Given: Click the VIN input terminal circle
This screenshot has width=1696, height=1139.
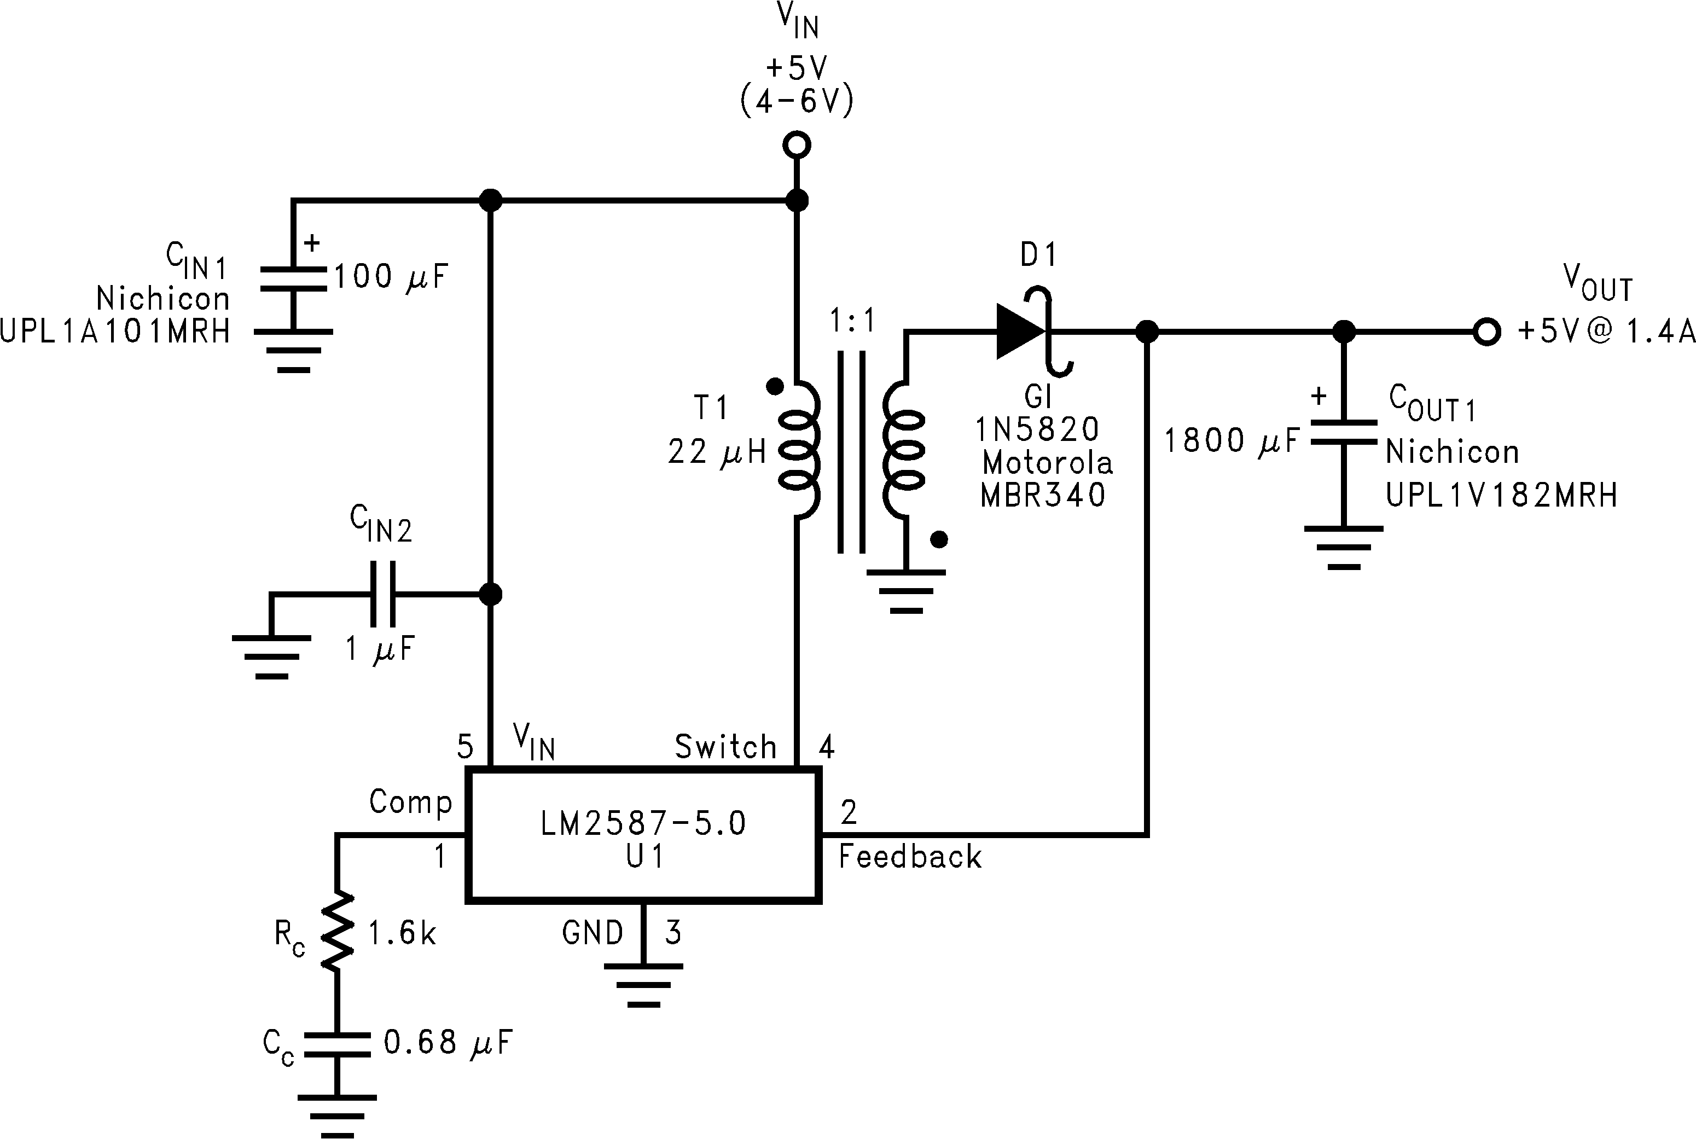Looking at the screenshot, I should click(797, 146).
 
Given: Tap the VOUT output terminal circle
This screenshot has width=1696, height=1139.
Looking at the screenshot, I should click(1486, 332).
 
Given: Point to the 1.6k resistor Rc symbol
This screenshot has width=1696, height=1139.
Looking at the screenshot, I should click(337, 932).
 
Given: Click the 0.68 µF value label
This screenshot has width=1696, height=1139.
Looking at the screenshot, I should click(448, 1042).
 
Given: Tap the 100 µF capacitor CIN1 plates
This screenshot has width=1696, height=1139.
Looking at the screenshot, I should click(293, 279).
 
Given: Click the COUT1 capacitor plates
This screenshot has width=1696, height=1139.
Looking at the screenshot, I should click(1343, 432).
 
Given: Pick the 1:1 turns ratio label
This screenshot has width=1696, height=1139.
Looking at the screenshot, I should click(853, 321).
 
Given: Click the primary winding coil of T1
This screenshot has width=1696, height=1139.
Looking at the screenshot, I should click(800, 448).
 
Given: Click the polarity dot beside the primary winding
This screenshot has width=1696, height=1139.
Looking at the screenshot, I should click(774, 386).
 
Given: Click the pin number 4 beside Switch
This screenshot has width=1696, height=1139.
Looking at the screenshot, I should click(827, 747).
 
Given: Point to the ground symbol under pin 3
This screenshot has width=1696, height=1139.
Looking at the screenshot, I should click(643, 984).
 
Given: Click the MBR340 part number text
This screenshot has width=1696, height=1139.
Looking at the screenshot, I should click(1042, 496).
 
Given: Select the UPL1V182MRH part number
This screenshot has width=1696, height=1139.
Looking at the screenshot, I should click(1501, 496).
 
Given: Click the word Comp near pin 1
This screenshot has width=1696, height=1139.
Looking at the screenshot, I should click(410, 802).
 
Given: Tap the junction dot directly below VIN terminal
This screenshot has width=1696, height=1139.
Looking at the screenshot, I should click(797, 200).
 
